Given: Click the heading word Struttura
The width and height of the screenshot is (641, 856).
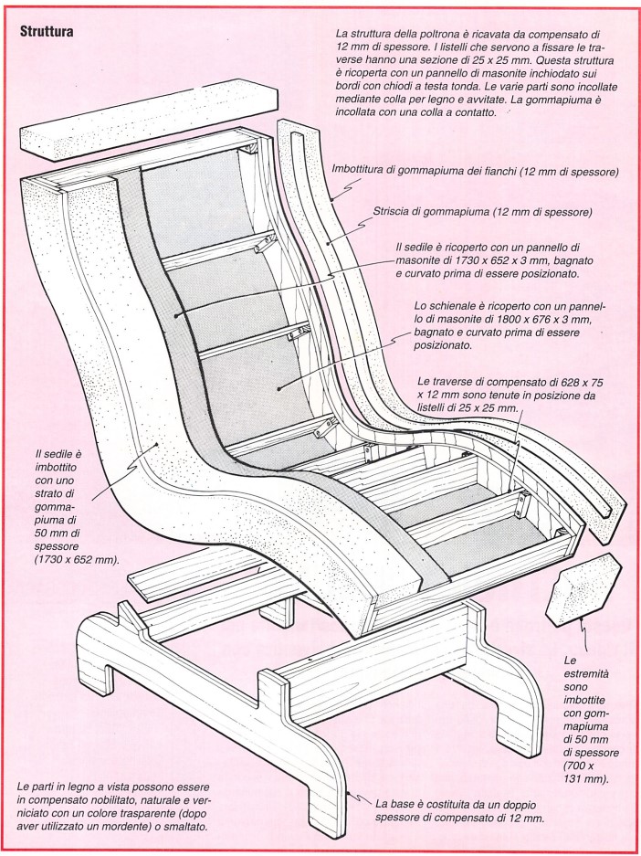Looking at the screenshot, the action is pos(47,32).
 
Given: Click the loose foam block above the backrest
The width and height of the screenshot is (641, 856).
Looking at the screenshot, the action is pos(149,120).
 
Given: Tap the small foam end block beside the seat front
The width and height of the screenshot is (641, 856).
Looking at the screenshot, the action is pos(583,589).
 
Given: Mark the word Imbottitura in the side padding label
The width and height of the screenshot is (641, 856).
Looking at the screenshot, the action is pos(359,170).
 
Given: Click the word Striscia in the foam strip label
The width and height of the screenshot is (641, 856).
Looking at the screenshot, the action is pos(390,211).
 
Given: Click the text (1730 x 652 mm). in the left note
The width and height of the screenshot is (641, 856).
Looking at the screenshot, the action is pos(77,559).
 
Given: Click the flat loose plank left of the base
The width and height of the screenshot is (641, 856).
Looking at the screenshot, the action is pos(196,572).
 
